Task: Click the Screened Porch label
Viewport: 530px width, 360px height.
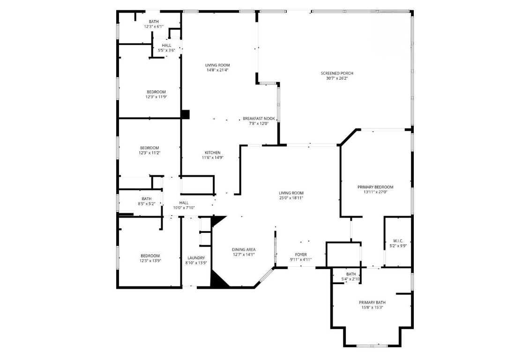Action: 336,73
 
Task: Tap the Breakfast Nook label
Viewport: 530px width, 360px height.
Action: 259,119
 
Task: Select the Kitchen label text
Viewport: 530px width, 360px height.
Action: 212,152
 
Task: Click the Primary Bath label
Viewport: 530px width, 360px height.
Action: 372,302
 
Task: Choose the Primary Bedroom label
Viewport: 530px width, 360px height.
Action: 375,187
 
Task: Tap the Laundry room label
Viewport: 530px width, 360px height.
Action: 196,258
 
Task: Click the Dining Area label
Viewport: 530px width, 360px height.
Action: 244,249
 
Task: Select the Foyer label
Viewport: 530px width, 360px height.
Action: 300,255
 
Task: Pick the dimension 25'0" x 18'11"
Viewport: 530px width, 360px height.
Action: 291,198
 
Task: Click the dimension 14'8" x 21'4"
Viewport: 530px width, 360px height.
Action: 217,70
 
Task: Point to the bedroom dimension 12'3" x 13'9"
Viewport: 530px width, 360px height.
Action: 149,261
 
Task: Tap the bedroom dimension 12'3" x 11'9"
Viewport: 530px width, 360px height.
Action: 156,97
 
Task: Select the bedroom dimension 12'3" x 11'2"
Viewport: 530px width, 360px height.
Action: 149,153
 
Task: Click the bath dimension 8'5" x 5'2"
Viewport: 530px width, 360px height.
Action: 147,204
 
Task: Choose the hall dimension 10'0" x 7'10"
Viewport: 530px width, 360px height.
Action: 184,208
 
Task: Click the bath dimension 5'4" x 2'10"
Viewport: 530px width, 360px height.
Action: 351,279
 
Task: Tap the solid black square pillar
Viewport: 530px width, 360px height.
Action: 185,114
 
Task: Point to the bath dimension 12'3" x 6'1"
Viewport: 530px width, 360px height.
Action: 154,27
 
